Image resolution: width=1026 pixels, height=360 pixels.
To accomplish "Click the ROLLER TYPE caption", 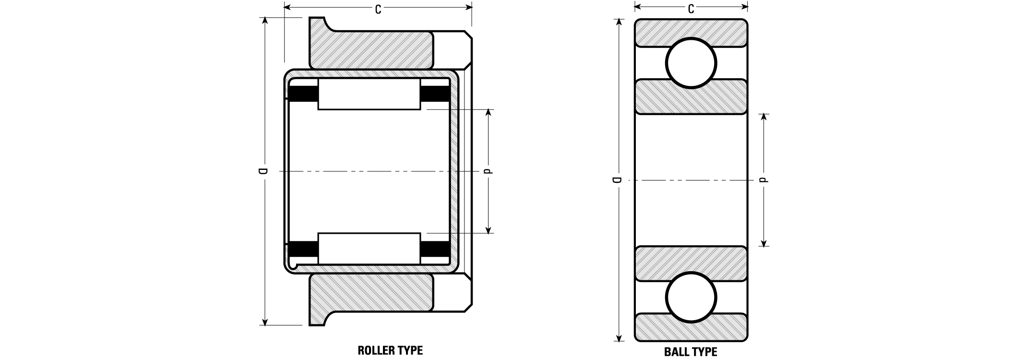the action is pyautogui.click(x=390, y=350).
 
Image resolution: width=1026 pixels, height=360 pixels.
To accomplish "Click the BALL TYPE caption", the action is pyautogui.click(x=691, y=352).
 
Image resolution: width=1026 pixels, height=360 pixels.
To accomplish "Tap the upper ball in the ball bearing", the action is pyautogui.click(x=691, y=63).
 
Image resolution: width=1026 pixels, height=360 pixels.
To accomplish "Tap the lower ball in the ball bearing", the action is pyautogui.click(x=691, y=297).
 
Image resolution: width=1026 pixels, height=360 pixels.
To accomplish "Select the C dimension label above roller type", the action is pyautogui.click(x=378, y=9).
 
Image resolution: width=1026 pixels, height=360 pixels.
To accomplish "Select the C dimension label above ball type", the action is pyautogui.click(x=691, y=9).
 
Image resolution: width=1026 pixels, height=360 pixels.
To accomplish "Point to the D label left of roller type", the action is pyautogui.click(x=262, y=171).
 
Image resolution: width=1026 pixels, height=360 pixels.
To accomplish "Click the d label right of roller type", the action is pyautogui.click(x=489, y=171).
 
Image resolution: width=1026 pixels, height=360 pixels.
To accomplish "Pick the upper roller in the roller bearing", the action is pyautogui.click(x=369, y=94).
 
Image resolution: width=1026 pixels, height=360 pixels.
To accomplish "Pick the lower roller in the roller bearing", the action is pyautogui.click(x=369, y=249).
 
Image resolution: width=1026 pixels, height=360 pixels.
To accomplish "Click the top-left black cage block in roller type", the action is pyautogui.click(x=302, y=94).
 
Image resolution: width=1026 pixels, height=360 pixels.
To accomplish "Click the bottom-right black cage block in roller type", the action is pyautogui.click(x=435, y=249).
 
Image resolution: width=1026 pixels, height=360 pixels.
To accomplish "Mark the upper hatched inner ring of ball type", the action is pyautogui.click(x=691, y=96).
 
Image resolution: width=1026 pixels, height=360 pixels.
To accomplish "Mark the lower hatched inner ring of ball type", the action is pyautogui.click(x=691, y=264).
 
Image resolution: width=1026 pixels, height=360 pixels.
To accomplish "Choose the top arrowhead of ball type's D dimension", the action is pyautogui.click(x=619, y=22).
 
